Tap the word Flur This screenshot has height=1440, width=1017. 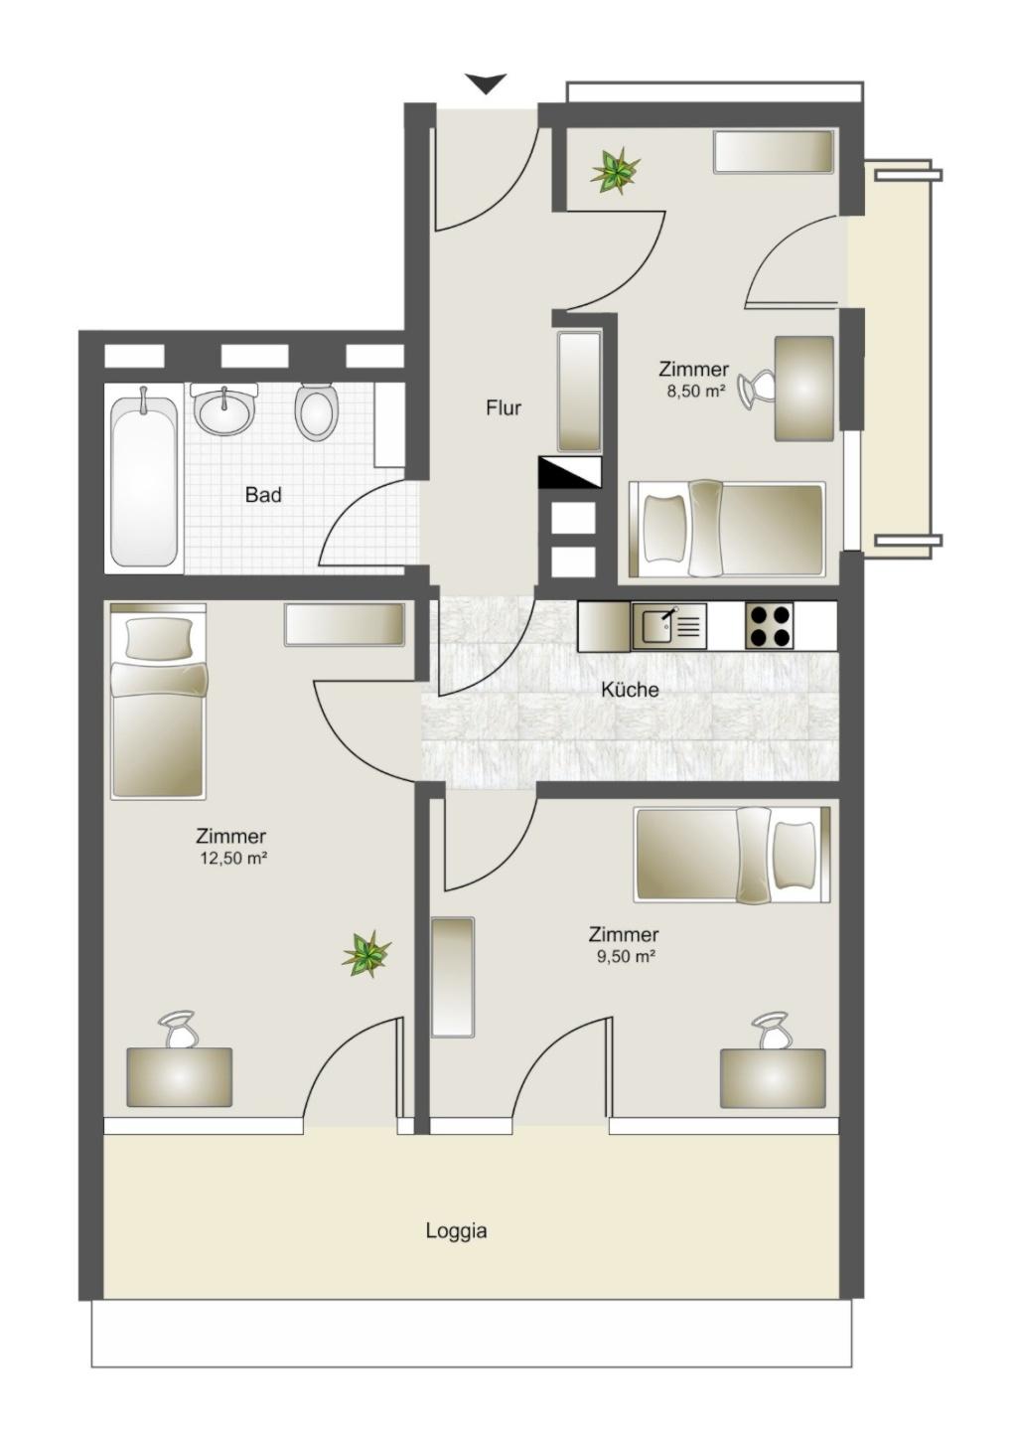click(504, 408)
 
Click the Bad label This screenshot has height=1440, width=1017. click(263, 495)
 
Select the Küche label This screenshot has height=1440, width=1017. click(630, 690)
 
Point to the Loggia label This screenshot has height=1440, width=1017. click(456, 1231)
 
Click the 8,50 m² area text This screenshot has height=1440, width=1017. click(696, 391)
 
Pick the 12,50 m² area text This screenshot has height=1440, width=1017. click(233, 858)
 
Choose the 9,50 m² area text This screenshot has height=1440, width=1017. click(626, 957)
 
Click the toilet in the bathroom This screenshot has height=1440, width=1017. click(317, 411)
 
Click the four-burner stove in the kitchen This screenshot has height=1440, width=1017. click(769, 625)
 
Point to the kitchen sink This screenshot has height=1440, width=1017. click(668, 625)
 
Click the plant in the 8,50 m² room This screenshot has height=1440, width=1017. click(616, 170)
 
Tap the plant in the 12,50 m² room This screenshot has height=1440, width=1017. click(366, 954)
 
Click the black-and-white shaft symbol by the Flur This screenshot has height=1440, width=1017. click(570, 472)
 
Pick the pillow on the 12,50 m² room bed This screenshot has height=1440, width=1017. click(159, 638)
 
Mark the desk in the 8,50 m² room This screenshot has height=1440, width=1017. click(804, 389)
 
